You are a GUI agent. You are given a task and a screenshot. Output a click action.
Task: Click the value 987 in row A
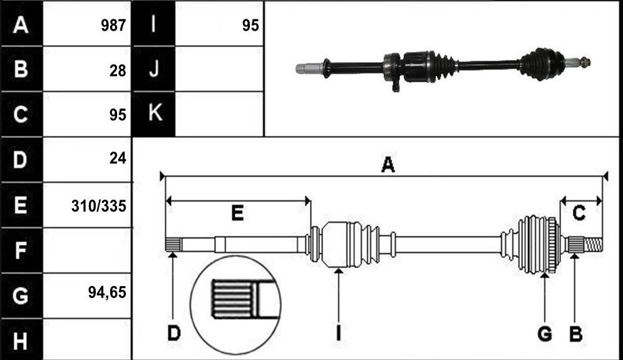pyautogui.click(x=113, y=26)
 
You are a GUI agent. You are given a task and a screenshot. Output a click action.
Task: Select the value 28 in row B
pyautogui.click(x=118, y=71)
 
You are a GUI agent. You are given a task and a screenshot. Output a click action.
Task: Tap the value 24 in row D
pyautogui.click(x=118, y=158)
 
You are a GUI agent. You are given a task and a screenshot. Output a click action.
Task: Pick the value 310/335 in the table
pyautogui.click(x=98, y=206)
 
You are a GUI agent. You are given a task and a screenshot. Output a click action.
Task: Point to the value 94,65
pyautogui.click(x=107, y=292)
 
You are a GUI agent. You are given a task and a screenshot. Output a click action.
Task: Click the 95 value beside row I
pyautogui.click(x=250, y=26)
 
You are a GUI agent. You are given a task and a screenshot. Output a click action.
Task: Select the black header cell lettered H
pyautogui.click(x=21, y=340)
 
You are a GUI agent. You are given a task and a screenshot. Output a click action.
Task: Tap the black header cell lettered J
pyautogui.click(x=153, y=69)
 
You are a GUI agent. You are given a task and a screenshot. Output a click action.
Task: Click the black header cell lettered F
pyautogui.click(x=21, y=250)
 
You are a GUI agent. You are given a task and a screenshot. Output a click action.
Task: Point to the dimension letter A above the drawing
pyautogui.click(x=388, y=165)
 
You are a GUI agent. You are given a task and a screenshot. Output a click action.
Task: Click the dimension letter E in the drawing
pyautogui.click(x=237, y=213)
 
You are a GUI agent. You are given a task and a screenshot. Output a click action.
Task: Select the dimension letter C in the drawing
pyautogui.click(x=579, y=213)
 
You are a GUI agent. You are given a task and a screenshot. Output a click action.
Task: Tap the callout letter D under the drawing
pyautogui.click(x=174, y=333)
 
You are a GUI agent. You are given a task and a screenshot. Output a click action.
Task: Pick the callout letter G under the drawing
pyautogui.click(x=545, y=333)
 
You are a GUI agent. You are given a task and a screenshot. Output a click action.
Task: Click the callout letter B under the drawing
pyautogui.click(x=575, y=333)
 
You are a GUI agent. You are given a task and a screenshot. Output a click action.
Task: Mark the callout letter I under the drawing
pyautogui.click(x=339, y=333)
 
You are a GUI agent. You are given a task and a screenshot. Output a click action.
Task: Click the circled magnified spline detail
pyautogui.click(x=235, y=305)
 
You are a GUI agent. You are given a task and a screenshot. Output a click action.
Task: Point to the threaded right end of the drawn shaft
pyautogui.click(x=594, y=244)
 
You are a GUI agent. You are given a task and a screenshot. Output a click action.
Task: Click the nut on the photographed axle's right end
pyautogui.click(x=585, y=62)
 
